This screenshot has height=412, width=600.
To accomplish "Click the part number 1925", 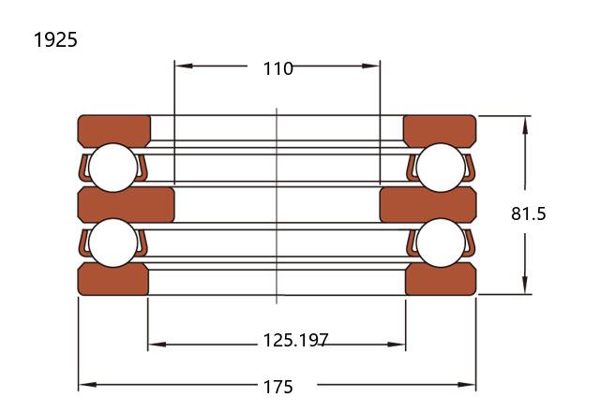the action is pyautogui.click(x=55, y=39).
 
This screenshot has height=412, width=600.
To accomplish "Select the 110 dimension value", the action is pyautogui.click(x=278, y=68).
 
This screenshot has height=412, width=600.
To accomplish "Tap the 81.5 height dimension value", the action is pyautogui.click(x=529, y=213).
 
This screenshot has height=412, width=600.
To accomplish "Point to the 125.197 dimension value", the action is pyautogui.click(x=296, y=340).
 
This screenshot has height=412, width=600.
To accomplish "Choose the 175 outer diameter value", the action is pyautogui.click(x=278, y=387).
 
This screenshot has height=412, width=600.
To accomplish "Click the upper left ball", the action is pyautogui.click(x=112, y=168).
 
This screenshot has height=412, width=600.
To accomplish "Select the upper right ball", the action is pyautogui.click(x=441, y=168).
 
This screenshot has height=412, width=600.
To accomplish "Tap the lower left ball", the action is pyautogui.click(x=112, y=243).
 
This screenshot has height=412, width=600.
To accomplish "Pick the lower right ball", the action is pyautogui.click(x=441, y=243).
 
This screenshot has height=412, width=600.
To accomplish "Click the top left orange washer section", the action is pyautogui.click(x=114, y=129).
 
